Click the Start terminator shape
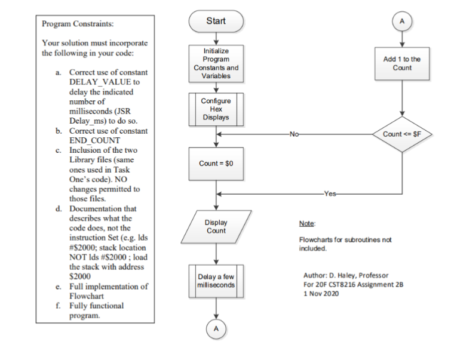(216, 21)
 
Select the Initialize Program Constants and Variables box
(216, 63)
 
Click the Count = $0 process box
(216, 164)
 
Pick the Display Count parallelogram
(216, 226)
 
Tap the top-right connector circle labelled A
(402, 20)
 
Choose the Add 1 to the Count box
(402, 63)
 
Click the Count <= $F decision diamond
(402, 134)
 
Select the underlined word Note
(306, 223)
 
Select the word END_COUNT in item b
(96, 140)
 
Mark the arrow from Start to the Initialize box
(216, 38)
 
